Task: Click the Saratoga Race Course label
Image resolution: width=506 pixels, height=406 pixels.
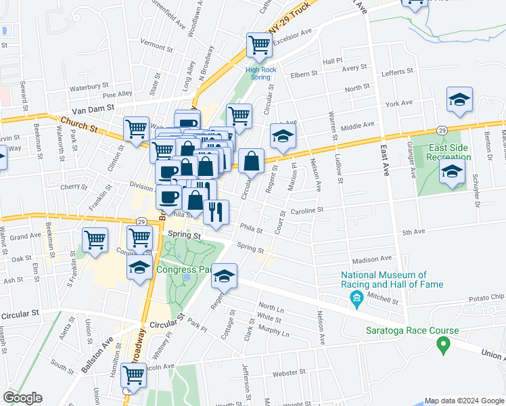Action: pyautogui.click(x=413, y=331)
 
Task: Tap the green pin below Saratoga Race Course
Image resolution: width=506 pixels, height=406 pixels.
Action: pyautogui.click(x=444, y=346)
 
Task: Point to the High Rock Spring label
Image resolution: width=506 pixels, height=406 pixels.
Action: pyautogui.click(x=258, y=73)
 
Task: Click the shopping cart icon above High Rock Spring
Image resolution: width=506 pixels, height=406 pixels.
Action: pyautogui.click(x=258, y=45)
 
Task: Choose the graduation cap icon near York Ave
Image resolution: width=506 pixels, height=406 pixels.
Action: pyautogui.click(x=459, y=99)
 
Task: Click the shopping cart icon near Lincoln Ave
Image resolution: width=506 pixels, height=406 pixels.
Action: pyautogui.click(x=135, y=374)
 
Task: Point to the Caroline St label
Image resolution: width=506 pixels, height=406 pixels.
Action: pyautogui.click(x=308, y=211)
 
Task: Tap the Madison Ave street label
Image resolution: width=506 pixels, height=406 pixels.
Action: pyautogui.click(x=371, y=258)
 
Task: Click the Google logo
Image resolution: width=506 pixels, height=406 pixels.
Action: pyautogui.click(x=22, y=398)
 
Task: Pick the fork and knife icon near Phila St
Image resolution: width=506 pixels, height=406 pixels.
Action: pyautogui.click(x=216, y=212)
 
